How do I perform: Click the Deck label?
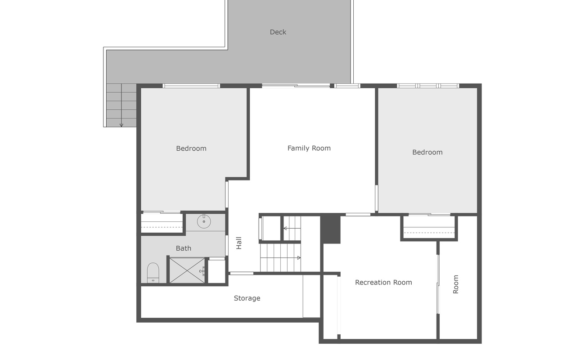pos(278,32)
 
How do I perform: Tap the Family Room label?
pos(309,148)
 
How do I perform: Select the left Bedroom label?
pos(191,148)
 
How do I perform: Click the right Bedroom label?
pos(427,152)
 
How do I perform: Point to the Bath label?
pos(184,248)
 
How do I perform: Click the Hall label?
pos(239,243)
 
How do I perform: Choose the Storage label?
pos(247,298)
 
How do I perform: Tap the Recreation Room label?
pos(383,283)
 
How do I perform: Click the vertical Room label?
pos(455,284)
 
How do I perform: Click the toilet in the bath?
pos(153,273)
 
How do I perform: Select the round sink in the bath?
pos(204,221)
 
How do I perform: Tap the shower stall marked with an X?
pos(187,270)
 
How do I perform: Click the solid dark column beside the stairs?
pos(331,229)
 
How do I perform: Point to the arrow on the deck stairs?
pos(121,124)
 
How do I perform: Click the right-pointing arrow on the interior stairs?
pos(298,258)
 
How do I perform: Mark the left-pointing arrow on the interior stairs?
pos(286,229)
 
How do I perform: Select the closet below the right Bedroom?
pos(429,228)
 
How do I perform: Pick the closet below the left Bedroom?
pos(162,223)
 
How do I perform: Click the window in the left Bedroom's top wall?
pos(191,85)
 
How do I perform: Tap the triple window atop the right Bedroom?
pos(427,85)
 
